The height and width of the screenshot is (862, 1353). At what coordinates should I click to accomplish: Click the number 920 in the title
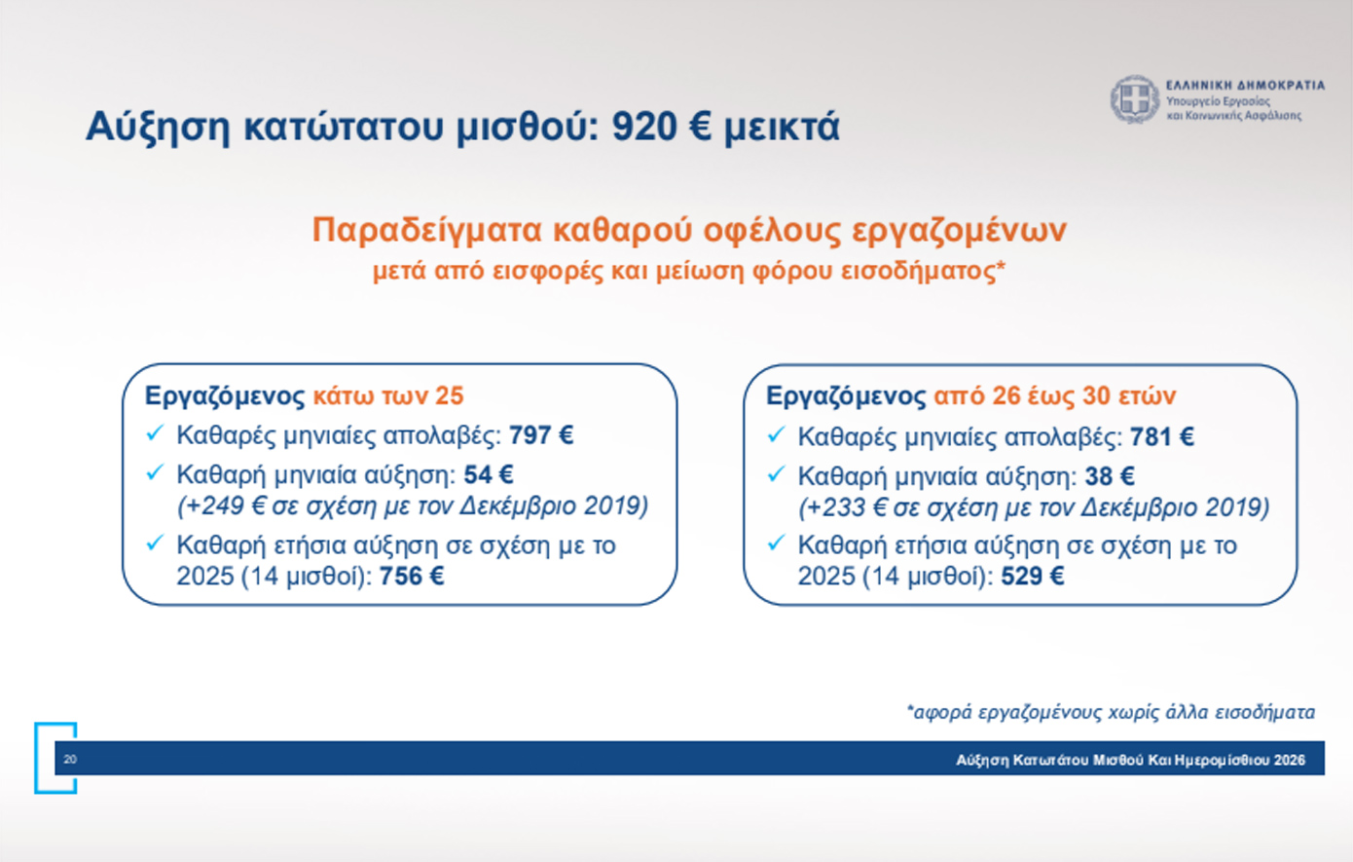(644, 127)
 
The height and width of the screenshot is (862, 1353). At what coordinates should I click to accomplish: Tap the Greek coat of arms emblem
(1135, 99)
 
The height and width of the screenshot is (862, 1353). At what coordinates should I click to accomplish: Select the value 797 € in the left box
(541, 435)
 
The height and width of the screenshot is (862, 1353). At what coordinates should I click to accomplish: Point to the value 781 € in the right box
(1162, 436)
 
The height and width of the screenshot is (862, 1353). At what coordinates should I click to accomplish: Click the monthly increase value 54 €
(489, 475)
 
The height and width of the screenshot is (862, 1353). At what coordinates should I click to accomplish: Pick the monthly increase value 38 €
(1110, 476)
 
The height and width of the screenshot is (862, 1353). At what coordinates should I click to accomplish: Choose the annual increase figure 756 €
(412, 576)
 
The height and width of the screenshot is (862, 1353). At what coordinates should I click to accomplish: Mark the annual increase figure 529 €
(1033, 576)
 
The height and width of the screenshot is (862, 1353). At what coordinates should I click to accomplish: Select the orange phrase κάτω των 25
(388, 396)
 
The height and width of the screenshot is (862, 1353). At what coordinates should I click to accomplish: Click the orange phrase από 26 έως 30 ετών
(1054, 396)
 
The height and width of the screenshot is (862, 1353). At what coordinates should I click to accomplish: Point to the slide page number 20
(70, 759)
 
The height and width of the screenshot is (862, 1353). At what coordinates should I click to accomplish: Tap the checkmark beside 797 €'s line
(155, 433)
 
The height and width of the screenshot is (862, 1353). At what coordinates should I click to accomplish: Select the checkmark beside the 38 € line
(776, 474)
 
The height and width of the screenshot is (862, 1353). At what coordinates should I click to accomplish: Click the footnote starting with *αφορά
(1111, 712)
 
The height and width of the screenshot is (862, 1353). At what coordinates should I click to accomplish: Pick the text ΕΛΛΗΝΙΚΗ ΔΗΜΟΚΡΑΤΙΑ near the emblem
(1246, 86)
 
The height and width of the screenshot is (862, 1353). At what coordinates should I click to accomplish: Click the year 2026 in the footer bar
(1290, 760)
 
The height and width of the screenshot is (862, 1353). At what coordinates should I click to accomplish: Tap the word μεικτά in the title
(783, 127)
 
